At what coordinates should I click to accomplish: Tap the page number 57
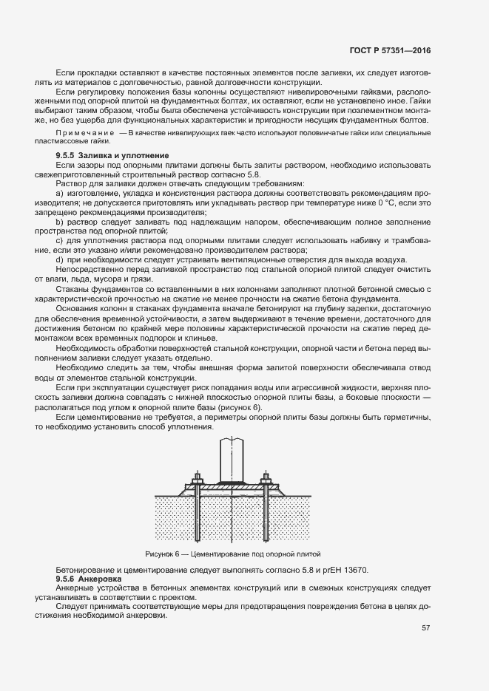coord(425,628)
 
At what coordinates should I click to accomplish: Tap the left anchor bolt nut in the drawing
coord(198,480)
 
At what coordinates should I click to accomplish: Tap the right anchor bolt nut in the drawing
coord(266,480)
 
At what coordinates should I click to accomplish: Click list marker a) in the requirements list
coord(60,193)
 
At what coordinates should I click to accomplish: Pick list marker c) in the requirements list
coord(60,241)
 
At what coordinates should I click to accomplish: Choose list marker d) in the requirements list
coord(60,260)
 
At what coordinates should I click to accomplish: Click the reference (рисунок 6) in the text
coord(237,408)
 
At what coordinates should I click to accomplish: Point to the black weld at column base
coord(232,482)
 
